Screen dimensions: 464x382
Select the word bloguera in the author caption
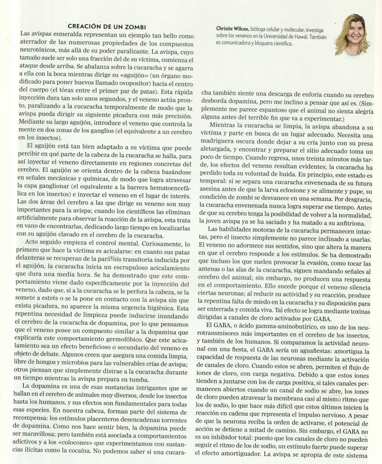point(266,43)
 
